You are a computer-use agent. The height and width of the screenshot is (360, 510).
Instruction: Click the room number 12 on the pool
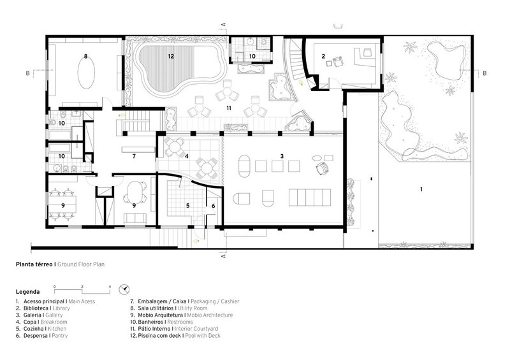coord(171,56)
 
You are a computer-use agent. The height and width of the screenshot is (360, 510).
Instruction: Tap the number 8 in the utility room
coord(85,56)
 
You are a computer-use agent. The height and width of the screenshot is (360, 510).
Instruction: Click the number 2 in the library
coord(323,56)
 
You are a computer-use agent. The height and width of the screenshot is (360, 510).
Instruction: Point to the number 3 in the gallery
coord(282,156)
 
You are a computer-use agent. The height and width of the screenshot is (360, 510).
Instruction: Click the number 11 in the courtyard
coord(229,108)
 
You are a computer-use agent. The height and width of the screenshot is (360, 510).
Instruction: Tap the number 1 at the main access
coord(421,189)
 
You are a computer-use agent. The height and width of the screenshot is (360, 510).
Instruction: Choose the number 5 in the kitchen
coord(187,206)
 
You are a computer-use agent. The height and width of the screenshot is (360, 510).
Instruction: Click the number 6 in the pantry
coord(214,206)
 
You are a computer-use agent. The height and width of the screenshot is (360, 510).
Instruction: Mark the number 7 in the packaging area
coord(134,156)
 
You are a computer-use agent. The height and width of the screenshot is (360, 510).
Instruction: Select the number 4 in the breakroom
coord(187,156)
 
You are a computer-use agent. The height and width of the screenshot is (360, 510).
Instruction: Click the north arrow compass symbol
coord(124,289)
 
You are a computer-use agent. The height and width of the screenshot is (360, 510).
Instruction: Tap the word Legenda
coord(27,292)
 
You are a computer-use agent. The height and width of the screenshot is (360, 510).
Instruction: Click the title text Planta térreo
coord(34,264)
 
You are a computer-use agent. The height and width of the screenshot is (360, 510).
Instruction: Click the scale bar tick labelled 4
coord(110,287)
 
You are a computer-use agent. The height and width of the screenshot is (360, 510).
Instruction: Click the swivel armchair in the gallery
coord(323,168)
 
